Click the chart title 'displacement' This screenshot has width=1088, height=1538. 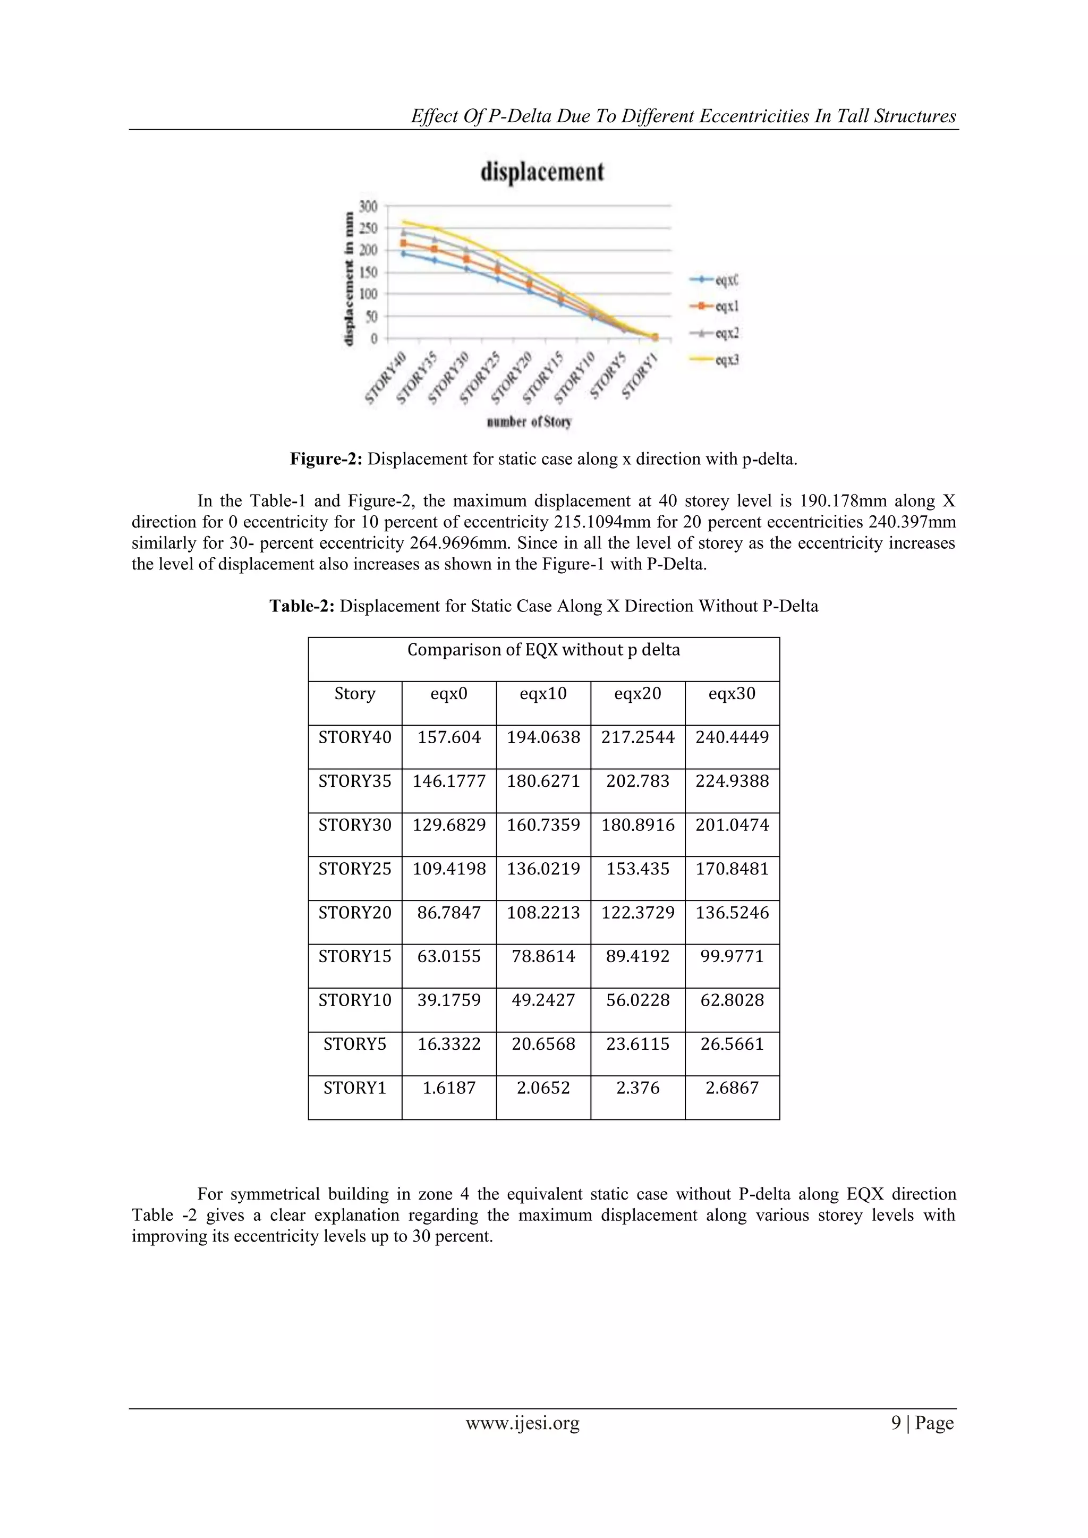coord(542,172)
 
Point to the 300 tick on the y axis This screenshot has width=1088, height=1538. coord(369,206)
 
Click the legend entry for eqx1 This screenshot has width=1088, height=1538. coord(714,306)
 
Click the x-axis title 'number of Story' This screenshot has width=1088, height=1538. coord(529,422)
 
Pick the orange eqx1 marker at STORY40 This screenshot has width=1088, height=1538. coord(403,243)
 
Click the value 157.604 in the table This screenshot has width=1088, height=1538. coord(449,737)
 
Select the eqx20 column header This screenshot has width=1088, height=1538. coord(637,694)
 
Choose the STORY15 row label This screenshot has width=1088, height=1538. coord(354,957)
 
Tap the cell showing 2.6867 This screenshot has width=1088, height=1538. coord(732,1088)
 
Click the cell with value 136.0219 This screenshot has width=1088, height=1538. coord(542,869)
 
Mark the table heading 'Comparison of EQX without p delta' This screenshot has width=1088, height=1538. coord(543,650)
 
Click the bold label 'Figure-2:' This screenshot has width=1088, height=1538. coord(326,459)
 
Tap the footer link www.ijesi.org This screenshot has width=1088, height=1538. coord(523,1423)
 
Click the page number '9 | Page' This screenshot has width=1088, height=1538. coord(922,1423)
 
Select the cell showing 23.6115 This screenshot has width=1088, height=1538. coord(637,1044)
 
